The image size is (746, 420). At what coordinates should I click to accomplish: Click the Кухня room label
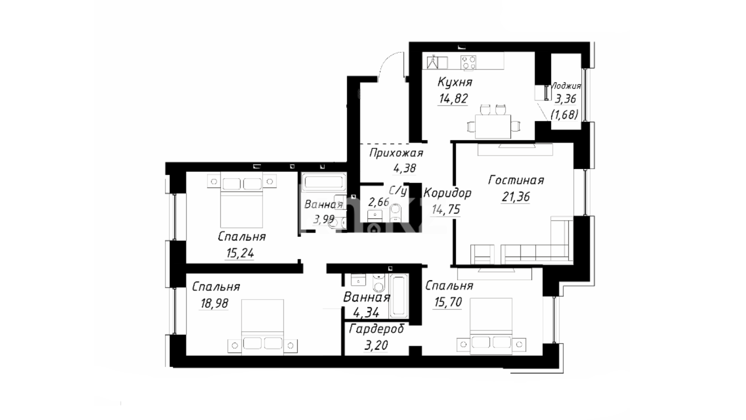pyautogui.click(x=455, y=82)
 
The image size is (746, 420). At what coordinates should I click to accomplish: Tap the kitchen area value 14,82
pyautogui.click(x=453, y=99)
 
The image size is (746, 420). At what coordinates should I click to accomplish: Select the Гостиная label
pyautogui.click(x=516, y=180)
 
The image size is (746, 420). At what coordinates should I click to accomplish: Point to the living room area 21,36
pyautogui.click(x=516, y=197)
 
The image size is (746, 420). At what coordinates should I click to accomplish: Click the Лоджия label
pyautogui.click(x=566, y=86)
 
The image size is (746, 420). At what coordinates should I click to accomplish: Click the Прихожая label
pyautogui.click(x=396, y=153)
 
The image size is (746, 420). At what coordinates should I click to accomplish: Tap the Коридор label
pyautogui.click(x=447, y=193)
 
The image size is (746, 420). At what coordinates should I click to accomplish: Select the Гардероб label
pyautogui.click(x=376, y=329)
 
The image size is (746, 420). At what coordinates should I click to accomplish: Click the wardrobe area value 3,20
pyautogui.click(x=376, y=345)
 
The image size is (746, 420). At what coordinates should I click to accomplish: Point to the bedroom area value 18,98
pyautogui.click(x=214, y=303)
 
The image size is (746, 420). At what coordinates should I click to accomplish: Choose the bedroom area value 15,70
pyautogui.click(x=448, y=302)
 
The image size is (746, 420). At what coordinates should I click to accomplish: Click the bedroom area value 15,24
pyautogui.click(x=240, y=254)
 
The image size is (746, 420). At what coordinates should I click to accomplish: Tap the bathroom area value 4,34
pyautogui.click(x=366, y=313)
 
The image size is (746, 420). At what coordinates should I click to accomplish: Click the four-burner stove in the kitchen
pyautogui.click(x=468, y=62)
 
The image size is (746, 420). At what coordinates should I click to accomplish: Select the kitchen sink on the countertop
pyautogui.click(x=437, y=62)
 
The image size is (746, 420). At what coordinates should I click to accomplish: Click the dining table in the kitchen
pyautogui.click(x=493, y=126)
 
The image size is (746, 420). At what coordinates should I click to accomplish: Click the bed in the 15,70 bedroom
pyautogui.click(x=491, y=326)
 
